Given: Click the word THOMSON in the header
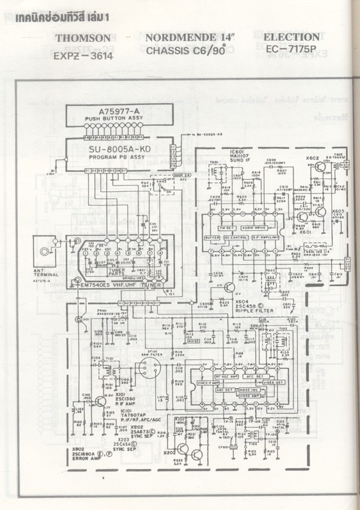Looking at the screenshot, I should click(87, 38).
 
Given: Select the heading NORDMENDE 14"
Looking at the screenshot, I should click(188, 38).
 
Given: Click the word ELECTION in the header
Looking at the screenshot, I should click(291, 37).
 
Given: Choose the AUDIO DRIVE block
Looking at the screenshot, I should click(254, 228).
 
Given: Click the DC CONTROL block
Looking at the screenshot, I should click(236, 238).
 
